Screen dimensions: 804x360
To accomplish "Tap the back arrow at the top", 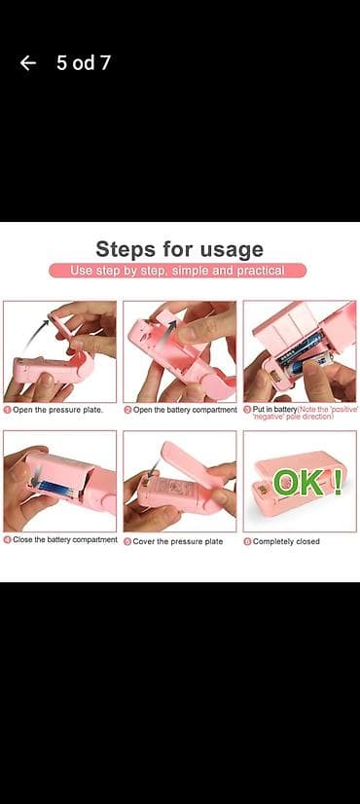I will (x=28, y=63).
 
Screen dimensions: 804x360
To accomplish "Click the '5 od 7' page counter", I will (x=83, y=63).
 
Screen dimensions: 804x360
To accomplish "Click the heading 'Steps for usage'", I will (x=179, y=248).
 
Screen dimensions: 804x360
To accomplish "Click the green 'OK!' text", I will (x=306, y=482).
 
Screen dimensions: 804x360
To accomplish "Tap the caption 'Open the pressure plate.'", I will (x=57, y=410).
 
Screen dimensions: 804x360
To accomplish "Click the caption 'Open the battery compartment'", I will (x=185, y=410).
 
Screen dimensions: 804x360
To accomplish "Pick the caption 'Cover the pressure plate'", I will (x=180, y=541).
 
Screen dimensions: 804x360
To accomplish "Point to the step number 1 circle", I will (x=7, y=410).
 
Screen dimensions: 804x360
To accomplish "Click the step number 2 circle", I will (x=127, y=410).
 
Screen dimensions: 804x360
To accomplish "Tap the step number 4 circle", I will (x=7, y=540).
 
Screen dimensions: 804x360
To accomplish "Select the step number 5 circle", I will (x=127, y=541).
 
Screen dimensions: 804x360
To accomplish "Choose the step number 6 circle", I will (x=247, y=541).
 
